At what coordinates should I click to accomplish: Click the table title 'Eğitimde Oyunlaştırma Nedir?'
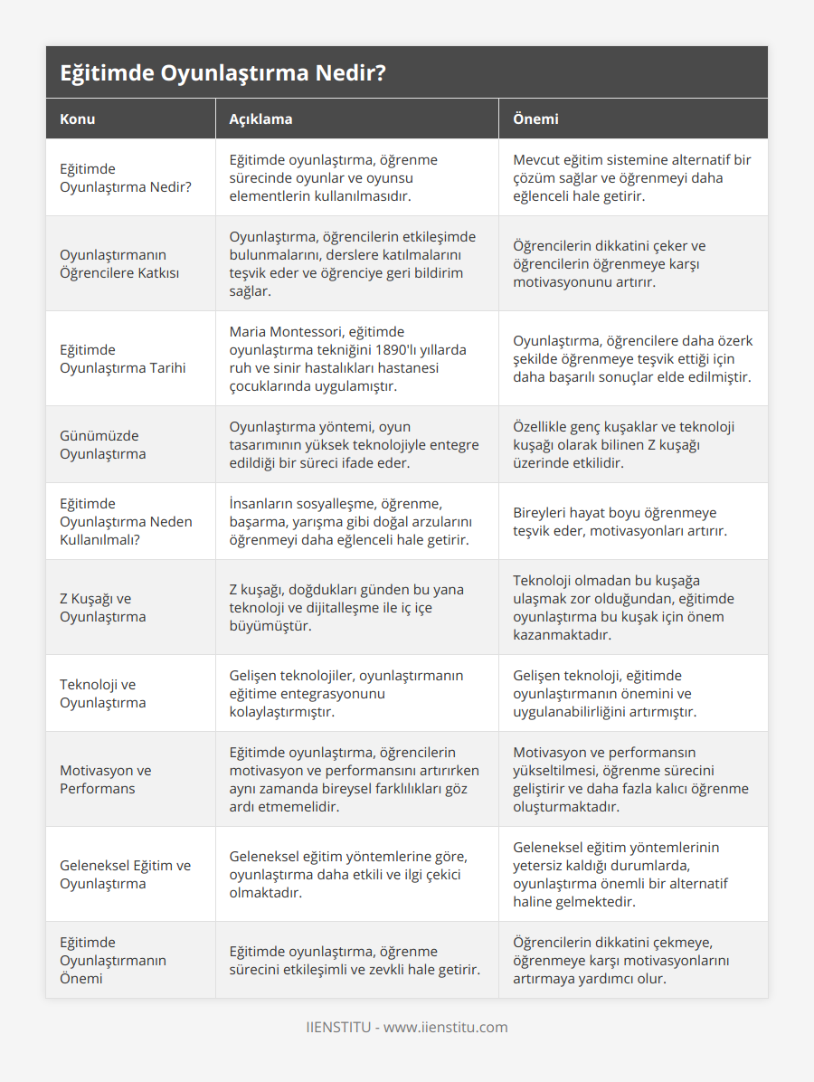222,73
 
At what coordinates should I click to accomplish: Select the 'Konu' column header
78,119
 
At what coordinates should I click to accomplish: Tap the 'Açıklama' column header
260,119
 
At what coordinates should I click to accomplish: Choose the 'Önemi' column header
535,119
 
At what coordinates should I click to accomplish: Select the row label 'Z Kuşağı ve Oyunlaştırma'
103,607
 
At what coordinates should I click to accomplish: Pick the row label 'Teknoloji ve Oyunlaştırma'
103,693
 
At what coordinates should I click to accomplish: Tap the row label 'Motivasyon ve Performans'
106,779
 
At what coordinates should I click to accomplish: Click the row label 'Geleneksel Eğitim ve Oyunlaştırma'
126,874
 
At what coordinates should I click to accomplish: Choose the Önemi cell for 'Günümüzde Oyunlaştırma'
623,444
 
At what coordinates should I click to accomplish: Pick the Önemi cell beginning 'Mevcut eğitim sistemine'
631,177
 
